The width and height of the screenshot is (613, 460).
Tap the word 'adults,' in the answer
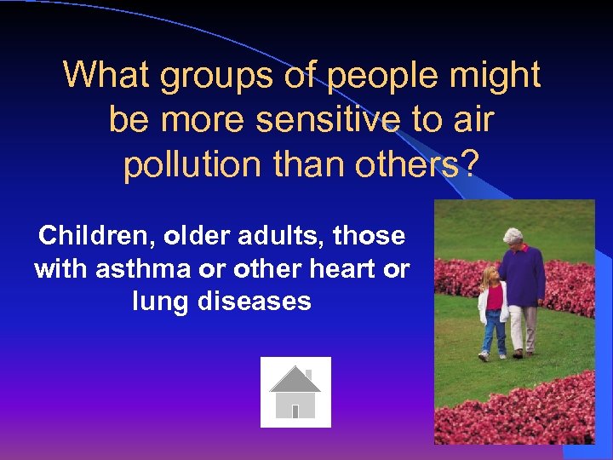coord(284,235)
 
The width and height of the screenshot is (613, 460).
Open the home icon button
coord(295,393)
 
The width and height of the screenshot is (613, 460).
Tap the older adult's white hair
coord(513,237)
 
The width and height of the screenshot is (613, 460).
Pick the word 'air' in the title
coord(473,120)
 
